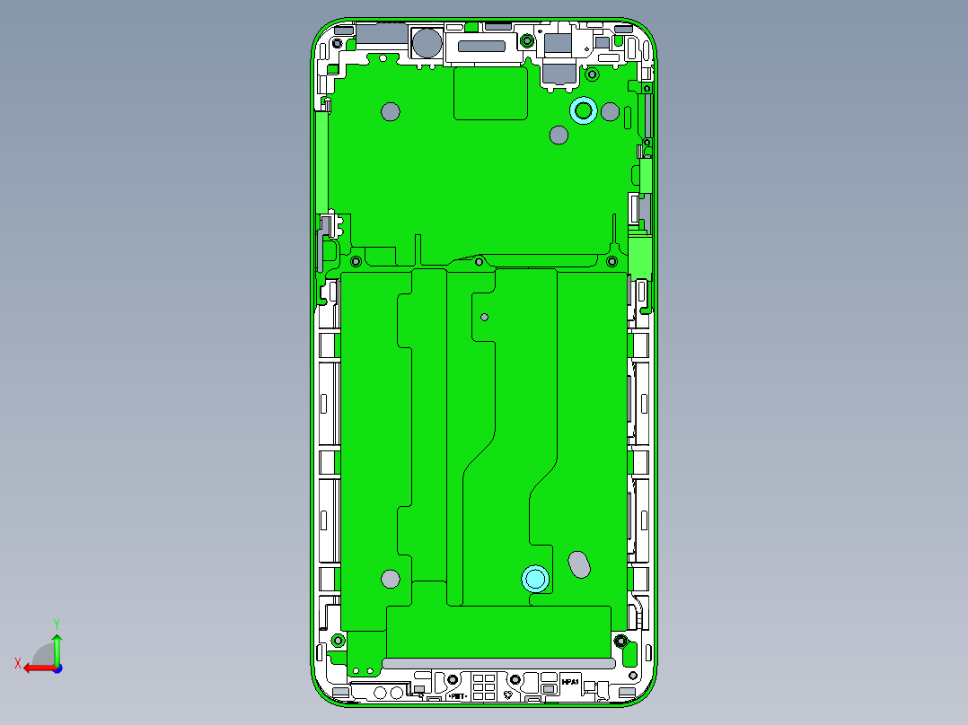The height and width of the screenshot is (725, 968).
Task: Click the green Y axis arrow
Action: (57, 647)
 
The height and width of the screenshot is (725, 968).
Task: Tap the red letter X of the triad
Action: (17, 663)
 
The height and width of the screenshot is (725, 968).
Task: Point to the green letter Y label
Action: (57, 623)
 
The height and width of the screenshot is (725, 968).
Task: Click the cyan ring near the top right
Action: (584, 110)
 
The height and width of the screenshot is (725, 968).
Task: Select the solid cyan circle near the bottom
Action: (536, 579)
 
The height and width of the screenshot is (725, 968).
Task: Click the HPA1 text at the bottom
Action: (570, 683)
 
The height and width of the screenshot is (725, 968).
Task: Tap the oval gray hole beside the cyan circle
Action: (580, 563)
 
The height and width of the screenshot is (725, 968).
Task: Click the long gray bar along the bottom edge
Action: (498, 663)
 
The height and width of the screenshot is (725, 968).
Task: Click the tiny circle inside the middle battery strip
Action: (485, 317)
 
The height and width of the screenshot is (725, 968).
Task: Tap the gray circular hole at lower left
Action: (390, 579)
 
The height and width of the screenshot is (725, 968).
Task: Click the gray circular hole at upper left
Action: (390, 111)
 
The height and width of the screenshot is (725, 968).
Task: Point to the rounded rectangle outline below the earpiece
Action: (490, 93)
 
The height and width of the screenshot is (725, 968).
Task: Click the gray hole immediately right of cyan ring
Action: (610, 112)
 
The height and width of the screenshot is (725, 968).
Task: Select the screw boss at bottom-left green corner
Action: (338, 640)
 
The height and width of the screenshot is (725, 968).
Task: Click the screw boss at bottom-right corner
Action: (620, 641)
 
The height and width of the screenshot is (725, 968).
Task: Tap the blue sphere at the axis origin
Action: (57, 668)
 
